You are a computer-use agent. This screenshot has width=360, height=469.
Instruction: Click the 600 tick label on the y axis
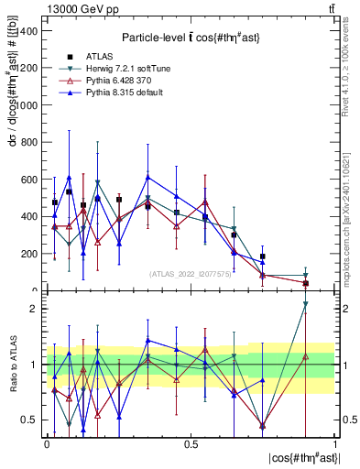[x=30, y=180]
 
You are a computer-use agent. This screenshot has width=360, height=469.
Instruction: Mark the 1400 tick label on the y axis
[x=28, y=30]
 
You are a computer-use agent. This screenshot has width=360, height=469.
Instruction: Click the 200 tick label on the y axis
[x=30, y=254]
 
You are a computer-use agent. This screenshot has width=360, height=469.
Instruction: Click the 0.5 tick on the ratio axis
[x=31, y=420]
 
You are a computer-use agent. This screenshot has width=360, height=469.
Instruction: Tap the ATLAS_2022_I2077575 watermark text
[x=190, y=274]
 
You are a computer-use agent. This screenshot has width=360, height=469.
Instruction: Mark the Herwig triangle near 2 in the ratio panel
[x=306, y=304]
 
